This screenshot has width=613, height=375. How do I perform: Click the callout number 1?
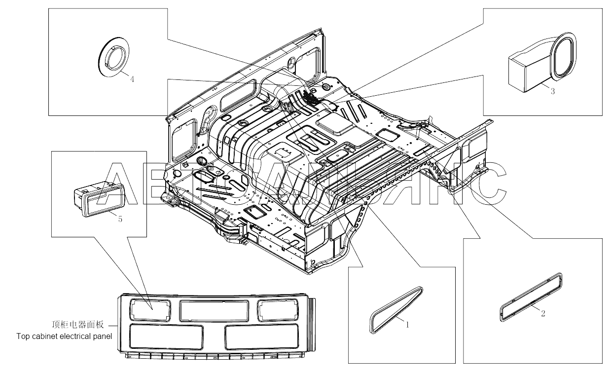[x=407, y=325]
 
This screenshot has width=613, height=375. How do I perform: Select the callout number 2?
[x=543, y=313]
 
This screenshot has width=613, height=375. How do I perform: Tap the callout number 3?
[x=552, y=91]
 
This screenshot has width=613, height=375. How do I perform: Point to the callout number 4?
[x=132, y=79]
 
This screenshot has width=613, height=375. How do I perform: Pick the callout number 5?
[x=120, y=219]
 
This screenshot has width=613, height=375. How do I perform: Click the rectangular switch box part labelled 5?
[x=100, y=199]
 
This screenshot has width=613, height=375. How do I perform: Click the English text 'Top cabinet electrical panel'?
[x=64, y=337]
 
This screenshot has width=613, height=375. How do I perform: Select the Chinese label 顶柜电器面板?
[x=78, y=325]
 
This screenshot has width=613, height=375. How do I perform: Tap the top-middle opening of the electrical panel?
[x=214, y=311]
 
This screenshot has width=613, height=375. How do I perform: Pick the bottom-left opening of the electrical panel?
[x=166, y=337]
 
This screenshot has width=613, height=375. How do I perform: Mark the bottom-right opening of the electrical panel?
[x=261, y=337]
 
